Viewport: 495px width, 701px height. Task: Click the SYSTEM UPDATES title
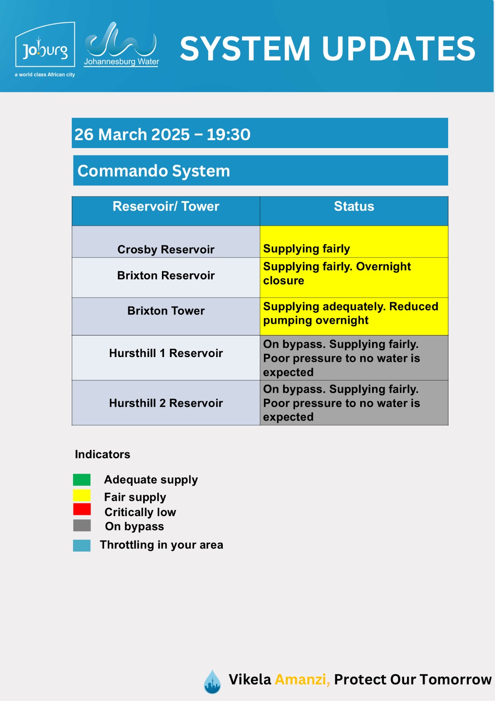coord(327,49)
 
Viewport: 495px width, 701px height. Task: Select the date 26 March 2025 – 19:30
coord(162,134)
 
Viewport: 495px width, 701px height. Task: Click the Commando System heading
coord(154,171)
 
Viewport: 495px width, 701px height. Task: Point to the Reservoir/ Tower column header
coord(166,206)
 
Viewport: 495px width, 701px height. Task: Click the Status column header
coord(354,206)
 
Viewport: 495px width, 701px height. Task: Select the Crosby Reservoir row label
coord(166,249)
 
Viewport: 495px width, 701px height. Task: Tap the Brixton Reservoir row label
coord(166,276)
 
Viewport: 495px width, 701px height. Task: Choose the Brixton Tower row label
coord(166,311)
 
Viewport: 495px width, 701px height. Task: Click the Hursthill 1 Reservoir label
coord(166,353)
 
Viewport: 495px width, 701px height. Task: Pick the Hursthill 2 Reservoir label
coord(166,403)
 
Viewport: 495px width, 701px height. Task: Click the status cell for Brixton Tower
coord(354,316)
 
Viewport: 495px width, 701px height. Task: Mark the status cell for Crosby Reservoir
coord(354,241)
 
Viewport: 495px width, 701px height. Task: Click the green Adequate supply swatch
coord(81,480)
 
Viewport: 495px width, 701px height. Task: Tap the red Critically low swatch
coord(82,509)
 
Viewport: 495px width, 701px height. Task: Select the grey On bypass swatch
coord(82,525)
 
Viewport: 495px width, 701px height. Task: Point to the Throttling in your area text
coord(161,545)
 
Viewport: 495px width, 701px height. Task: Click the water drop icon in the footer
coord(212,682)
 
